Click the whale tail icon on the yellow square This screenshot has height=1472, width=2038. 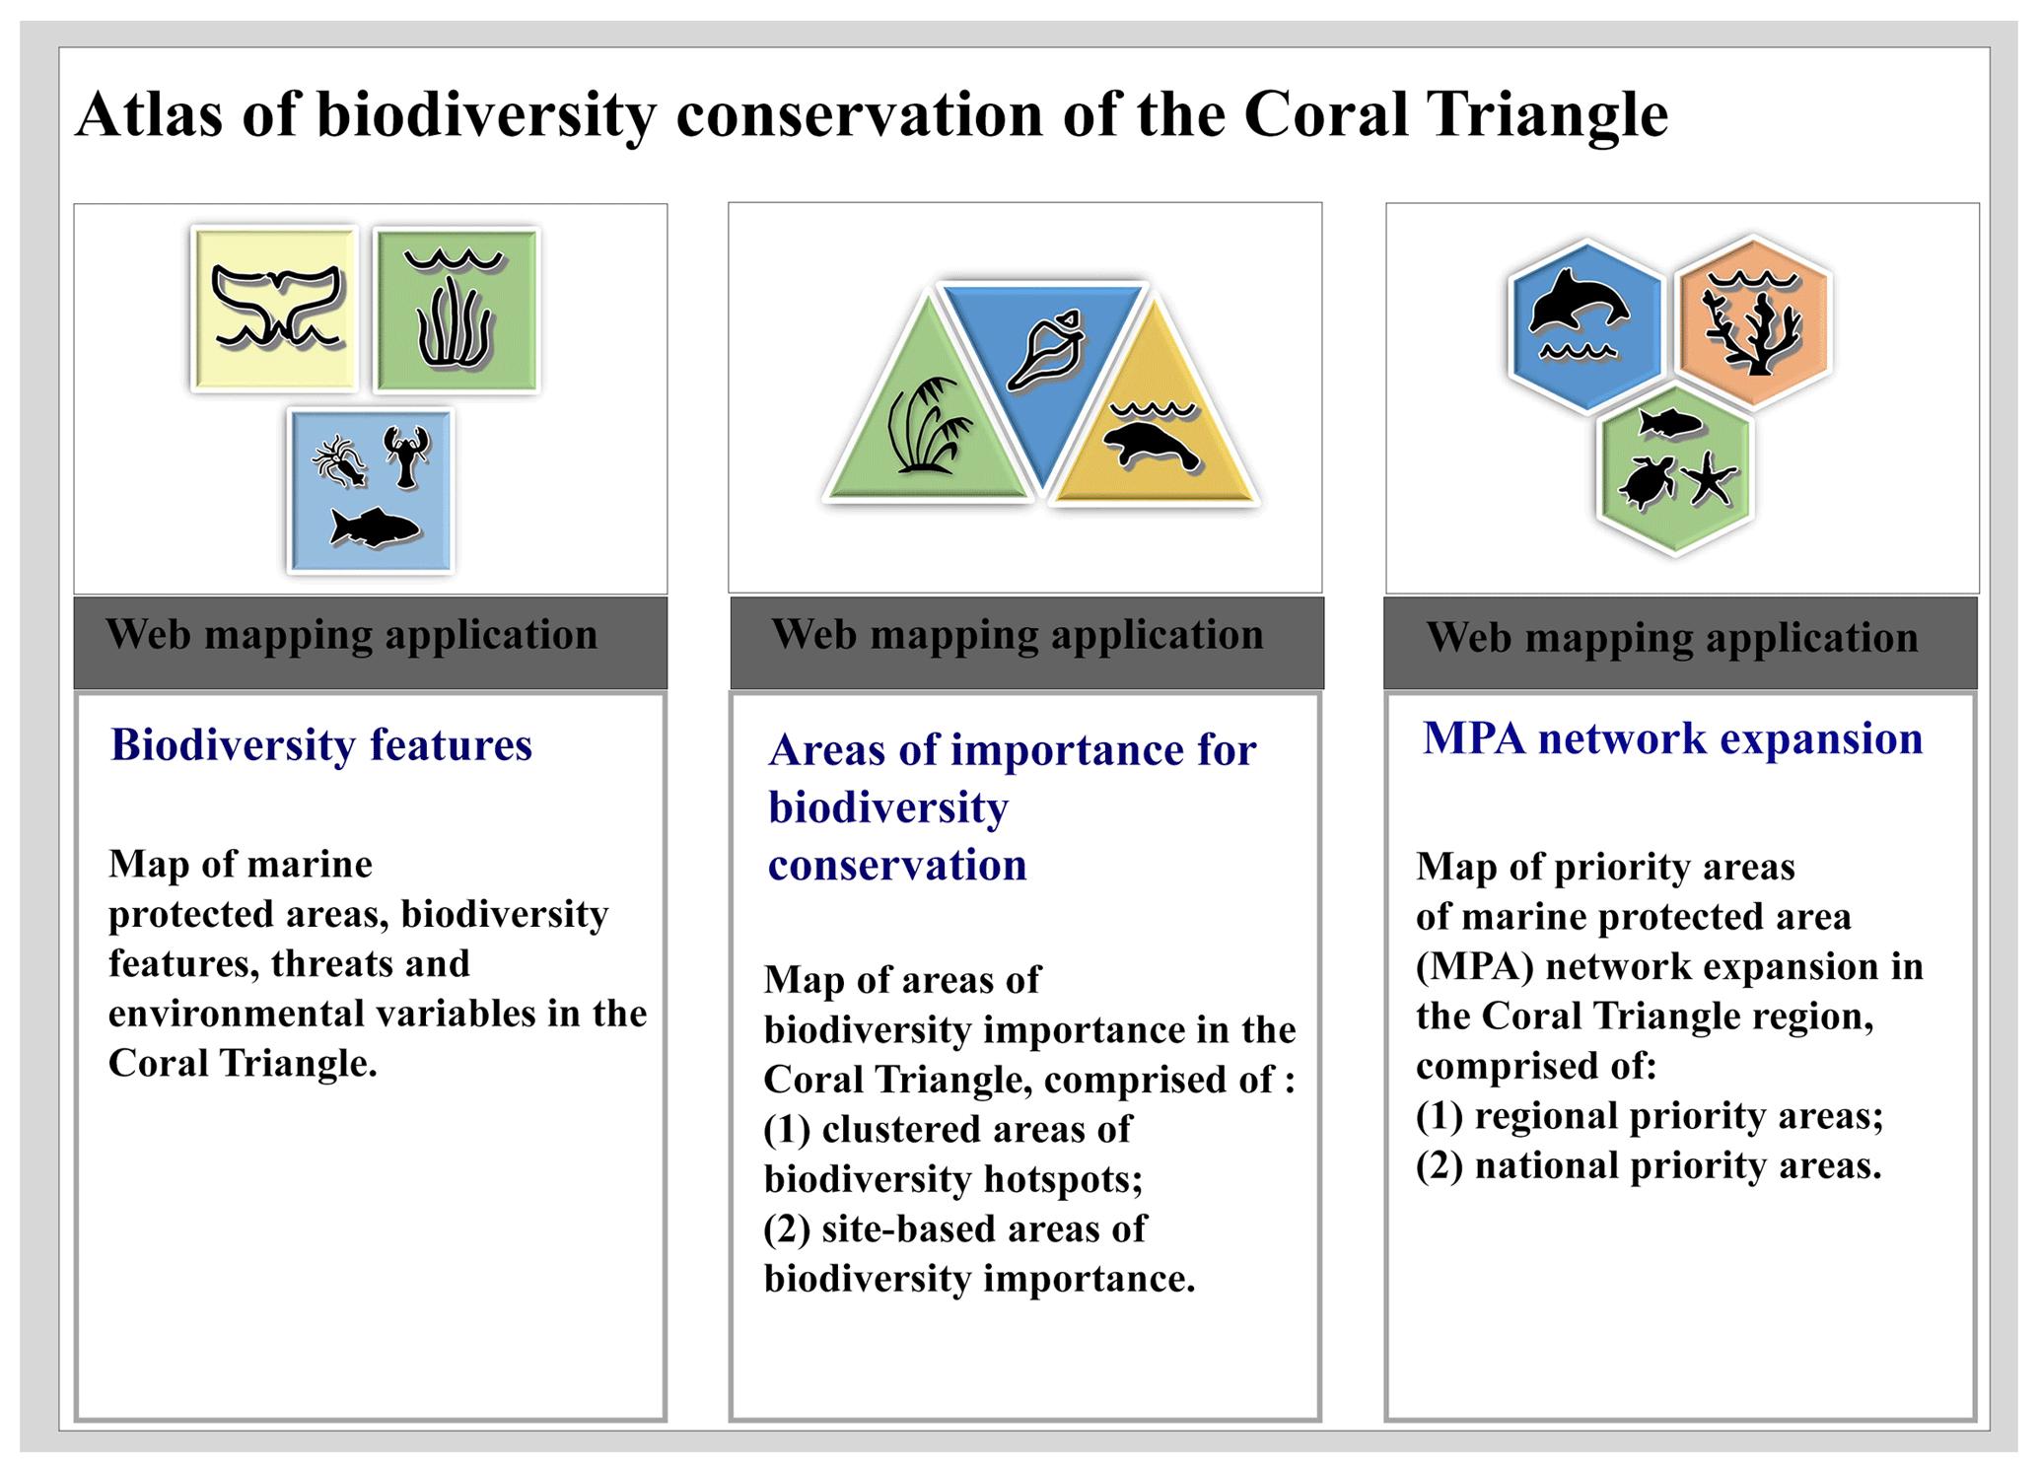278,308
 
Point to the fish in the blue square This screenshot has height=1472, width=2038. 375,527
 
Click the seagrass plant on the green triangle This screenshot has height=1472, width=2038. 928,426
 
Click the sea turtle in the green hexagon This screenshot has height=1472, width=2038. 1646,482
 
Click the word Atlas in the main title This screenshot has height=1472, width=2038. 150,113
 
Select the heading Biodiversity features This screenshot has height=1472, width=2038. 321,744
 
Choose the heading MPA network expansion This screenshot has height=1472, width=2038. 1672,737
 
